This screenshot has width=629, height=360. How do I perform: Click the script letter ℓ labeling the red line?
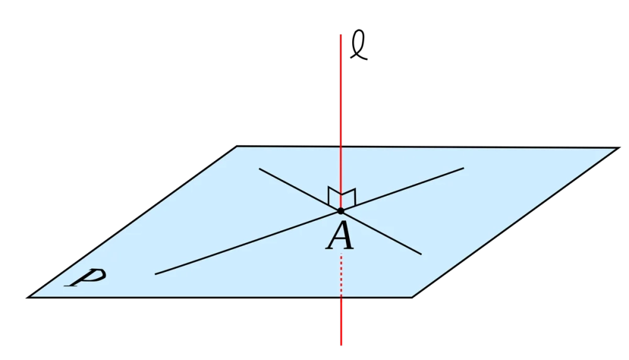[x=359, y=45]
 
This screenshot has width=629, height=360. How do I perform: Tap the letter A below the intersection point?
[x=340, y=237]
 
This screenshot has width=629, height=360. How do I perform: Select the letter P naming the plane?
[x=87, y=277]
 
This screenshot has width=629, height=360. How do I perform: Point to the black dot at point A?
[x=340, y=211]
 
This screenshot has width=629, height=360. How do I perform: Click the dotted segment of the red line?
[x=341, y=275]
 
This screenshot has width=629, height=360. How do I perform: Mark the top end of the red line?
[x=340, y=35]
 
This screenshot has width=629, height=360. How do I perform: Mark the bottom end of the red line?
[x=341, y=345]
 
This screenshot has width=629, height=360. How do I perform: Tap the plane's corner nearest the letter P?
[x=27, y=298]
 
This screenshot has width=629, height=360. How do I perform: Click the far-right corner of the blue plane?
[x=620, y=148]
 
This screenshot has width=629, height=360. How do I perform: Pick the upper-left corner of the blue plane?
[x=237, y=146]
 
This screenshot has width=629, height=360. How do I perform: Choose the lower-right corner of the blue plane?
[x=412, y=298]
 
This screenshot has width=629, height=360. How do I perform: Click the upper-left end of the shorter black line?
[x=260, y=169]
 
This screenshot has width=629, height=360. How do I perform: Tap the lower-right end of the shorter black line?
[x=421, y=254]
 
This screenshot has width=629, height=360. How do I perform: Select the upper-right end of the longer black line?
[x=464, y=168]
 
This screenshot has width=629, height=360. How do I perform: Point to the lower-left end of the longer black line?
[x=155, y=274]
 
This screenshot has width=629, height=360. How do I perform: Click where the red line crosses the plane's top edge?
[x=340, y=147]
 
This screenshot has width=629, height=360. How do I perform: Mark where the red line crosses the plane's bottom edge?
[x=341, y=298]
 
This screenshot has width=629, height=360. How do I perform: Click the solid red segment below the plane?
[x=341, y=321]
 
